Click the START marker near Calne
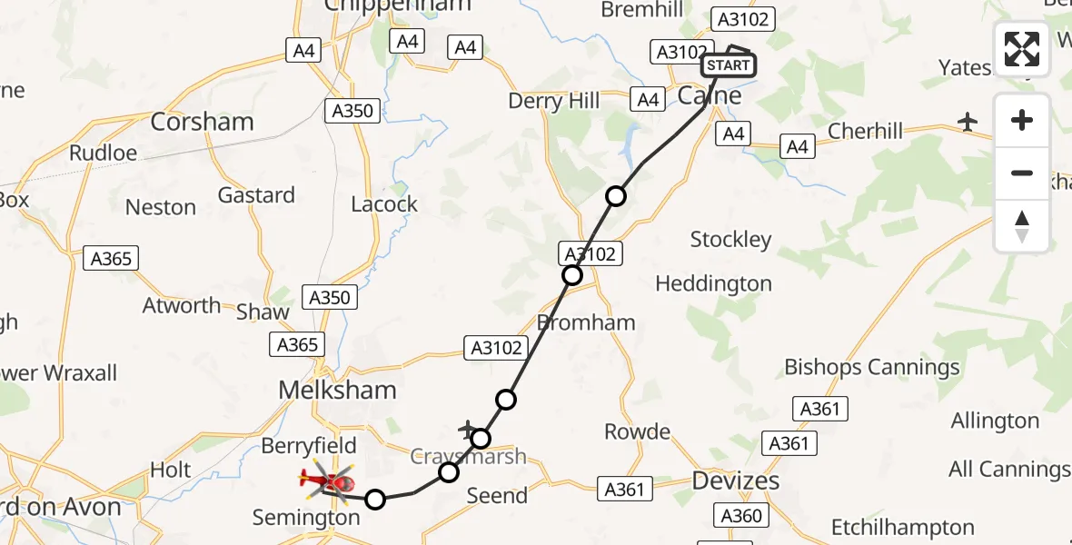728,65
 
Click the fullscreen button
1022,49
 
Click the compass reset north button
1022,226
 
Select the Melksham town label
337,391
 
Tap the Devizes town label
736,481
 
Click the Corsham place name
202,122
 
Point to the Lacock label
384,204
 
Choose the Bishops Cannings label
872,367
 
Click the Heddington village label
713,284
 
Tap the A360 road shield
739,516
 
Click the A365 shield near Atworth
111,259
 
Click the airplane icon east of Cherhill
968,121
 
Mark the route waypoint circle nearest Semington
375,498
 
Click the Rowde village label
637,431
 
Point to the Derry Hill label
554,101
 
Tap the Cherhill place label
866,132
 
